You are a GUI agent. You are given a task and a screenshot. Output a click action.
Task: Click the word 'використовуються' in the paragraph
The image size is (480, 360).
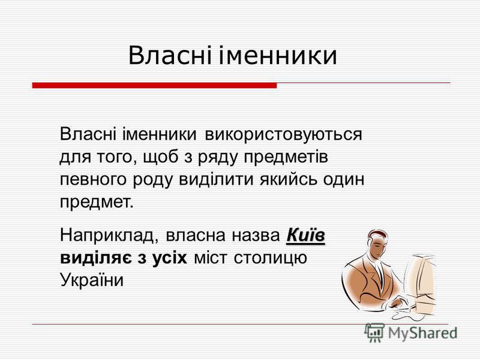point(283,134)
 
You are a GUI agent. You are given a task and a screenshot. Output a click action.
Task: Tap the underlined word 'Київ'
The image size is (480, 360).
point(305,235)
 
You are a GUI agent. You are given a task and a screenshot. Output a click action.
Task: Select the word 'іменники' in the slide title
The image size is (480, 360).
point(278,55)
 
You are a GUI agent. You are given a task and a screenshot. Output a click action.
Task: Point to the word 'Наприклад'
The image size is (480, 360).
point(109,236)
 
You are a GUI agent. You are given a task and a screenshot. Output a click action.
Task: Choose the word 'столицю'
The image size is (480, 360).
point(271,258)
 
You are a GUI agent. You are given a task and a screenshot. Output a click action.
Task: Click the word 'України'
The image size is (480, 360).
point(92,280)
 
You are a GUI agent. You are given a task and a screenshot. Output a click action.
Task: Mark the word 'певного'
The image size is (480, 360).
point(93,181)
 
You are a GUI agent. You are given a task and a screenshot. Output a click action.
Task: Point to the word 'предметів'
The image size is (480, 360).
point(286,158)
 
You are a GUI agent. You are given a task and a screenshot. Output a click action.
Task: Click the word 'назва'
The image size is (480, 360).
point(256,236)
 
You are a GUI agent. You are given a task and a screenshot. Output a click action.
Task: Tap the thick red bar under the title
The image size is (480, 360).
point(155,85)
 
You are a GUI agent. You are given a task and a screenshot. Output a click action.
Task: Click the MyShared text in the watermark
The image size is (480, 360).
point(422,333)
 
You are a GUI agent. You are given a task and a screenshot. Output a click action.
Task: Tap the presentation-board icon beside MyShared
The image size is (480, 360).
point(374,332)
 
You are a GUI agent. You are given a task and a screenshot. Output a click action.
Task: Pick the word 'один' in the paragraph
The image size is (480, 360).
point(344,181)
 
